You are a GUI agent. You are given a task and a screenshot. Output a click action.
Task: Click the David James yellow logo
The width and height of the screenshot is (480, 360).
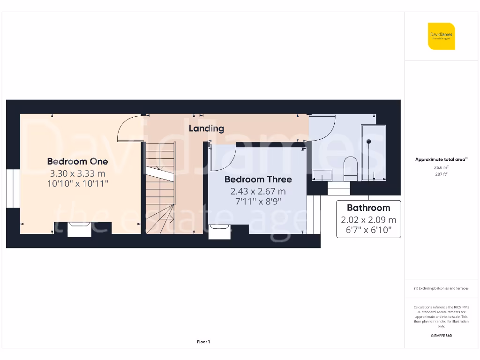(441, 36)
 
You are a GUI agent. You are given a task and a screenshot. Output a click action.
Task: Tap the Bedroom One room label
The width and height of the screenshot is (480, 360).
(77, 161)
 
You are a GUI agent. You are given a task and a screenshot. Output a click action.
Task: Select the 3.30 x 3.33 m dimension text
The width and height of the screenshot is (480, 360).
(77, 173)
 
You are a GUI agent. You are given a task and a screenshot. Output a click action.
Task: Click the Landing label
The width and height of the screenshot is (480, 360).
(206, 128)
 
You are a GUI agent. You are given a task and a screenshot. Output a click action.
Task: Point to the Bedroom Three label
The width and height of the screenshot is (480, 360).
(258, 179)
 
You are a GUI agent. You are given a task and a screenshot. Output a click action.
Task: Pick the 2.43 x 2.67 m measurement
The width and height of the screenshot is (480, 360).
(258, 191)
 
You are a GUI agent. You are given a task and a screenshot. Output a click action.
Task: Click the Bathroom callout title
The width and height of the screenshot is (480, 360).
(368, 208)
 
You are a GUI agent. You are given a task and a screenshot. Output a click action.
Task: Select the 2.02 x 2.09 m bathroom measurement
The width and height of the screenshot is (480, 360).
(368, 220)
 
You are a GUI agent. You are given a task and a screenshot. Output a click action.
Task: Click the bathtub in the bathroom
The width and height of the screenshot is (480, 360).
(373, 152)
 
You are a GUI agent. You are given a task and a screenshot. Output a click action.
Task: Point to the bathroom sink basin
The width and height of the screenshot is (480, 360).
(322, 175)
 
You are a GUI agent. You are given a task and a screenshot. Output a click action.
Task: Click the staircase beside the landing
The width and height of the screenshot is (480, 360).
(161, 187)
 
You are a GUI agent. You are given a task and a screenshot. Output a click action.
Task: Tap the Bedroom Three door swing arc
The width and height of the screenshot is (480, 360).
(224, 159)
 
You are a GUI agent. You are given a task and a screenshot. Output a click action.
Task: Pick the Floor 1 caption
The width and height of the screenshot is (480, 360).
(203, 342)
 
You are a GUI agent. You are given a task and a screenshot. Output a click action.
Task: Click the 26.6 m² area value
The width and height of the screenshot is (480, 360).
(441, 167)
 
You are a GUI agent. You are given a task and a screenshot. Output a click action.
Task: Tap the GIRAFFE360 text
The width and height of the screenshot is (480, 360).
(441, 336)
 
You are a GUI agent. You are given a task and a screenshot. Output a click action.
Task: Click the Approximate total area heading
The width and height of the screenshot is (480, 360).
(441, 159)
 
